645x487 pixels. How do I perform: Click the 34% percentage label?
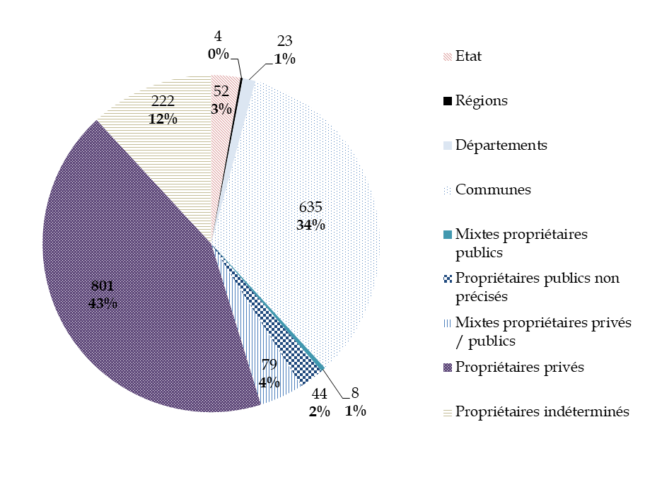[311, 225]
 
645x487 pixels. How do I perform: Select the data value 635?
[310, 208]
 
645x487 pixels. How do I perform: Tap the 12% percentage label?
[163, 119]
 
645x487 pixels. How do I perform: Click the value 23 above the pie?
[285, 42]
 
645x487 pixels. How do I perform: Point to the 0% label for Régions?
[219, 54]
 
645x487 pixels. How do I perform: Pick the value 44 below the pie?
[319, 394]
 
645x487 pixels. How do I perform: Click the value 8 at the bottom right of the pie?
[355, 394]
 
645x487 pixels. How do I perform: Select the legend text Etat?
[468, 56]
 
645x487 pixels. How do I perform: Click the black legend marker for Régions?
[446, 101]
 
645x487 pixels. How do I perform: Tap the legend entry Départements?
[501, 146]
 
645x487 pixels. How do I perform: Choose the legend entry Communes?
[493, 190]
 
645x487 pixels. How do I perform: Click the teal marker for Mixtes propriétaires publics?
[446, 234]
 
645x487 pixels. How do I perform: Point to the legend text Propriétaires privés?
[520, 367]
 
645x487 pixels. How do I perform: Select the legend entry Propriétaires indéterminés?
[542, 411]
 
